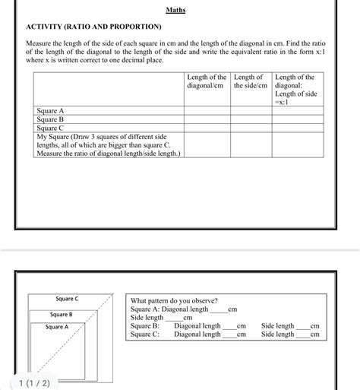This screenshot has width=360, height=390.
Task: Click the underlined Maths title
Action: [176, 11]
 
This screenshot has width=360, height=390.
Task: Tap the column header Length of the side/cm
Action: [250, 83]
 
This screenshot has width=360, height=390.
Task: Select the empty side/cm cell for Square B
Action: [250, 119]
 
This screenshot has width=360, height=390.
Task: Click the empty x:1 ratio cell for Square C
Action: [297, 128]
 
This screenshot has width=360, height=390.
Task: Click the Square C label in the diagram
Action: [68, 300]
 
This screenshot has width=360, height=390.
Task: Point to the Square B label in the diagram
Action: [62, 315]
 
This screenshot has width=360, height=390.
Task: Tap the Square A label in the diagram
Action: [57, 328]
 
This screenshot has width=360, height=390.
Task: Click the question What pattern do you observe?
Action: [174, 301]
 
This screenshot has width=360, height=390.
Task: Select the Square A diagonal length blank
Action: [218, 310]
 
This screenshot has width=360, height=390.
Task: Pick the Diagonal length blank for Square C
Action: [229, 335]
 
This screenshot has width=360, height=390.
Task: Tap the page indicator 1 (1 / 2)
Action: [33, 382]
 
